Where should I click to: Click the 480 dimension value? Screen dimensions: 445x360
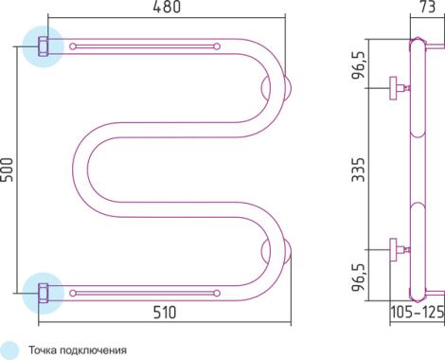(x=167, y=7)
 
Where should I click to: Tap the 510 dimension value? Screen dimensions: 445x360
(x=165, y=313)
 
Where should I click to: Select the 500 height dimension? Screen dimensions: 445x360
(x=7, y=170)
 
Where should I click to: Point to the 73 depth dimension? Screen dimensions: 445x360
(x=426, y=7)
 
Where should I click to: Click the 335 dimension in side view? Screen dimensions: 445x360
(x=358, y=170)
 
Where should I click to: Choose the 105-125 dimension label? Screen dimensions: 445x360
(x=418, y=313)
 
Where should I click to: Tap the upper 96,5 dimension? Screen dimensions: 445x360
(x=359, y=64)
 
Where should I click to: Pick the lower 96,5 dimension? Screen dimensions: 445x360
(x=359, y=276)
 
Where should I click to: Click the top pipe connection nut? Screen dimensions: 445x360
(x=44, y=46)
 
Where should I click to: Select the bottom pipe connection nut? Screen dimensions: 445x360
(x=44, y=294)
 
